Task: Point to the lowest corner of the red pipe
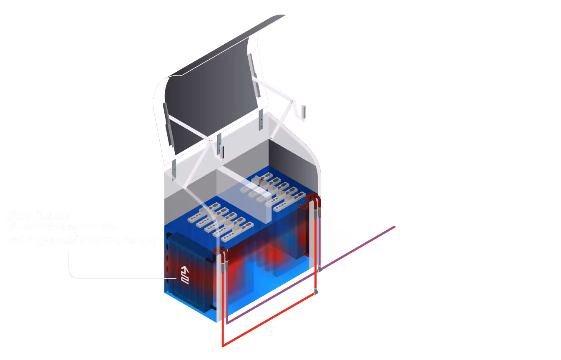point(223,345)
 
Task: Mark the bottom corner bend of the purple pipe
point(227,323)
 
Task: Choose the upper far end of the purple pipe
point(394,227)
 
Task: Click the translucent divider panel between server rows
point(246,200)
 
